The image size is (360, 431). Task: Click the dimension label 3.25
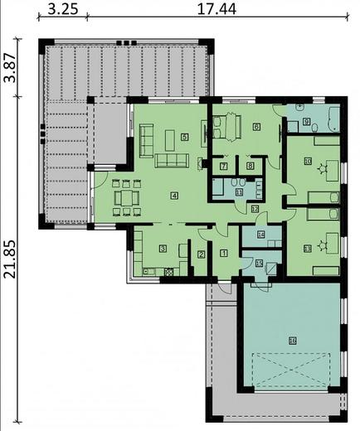coord(63,12)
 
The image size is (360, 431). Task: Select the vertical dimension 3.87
coord(10,66)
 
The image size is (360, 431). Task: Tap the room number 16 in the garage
coord(292,339)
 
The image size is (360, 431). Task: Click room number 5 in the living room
coord(184,136)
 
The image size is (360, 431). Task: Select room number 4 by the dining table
coord(174,196)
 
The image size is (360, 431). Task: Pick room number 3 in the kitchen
coord(163,248)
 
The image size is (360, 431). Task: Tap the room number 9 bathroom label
coord(306,123)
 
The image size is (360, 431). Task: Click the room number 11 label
coord(239,191)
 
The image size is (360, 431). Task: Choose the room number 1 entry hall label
coord(224,253)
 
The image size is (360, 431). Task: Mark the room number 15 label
coord(259,264)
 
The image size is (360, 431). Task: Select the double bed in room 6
coord(226,126)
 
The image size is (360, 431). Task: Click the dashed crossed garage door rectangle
coord(293,369)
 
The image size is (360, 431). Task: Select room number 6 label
coord(255,127)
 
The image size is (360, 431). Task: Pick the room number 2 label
coord(200,254)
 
